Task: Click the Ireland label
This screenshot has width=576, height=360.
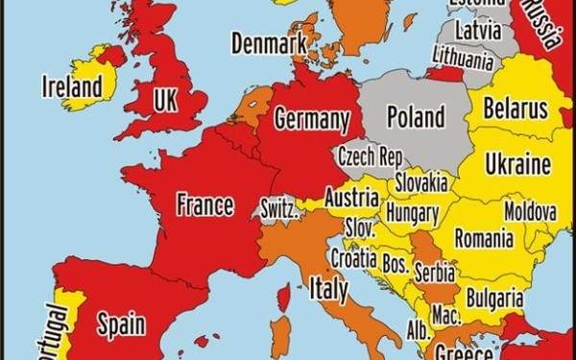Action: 72,87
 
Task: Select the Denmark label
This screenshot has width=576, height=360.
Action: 268,43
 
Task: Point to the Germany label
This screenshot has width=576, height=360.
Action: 311,120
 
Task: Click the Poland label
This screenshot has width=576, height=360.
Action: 415,117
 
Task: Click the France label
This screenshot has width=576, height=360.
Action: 204,204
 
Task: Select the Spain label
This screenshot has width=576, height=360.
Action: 121,324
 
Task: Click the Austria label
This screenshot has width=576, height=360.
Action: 351,198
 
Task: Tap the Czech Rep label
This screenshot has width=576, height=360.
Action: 370,156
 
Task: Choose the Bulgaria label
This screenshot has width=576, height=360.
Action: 495,297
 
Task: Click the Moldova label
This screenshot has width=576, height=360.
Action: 530,209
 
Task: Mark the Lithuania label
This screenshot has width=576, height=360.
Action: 463,59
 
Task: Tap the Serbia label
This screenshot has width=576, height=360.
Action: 435,273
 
